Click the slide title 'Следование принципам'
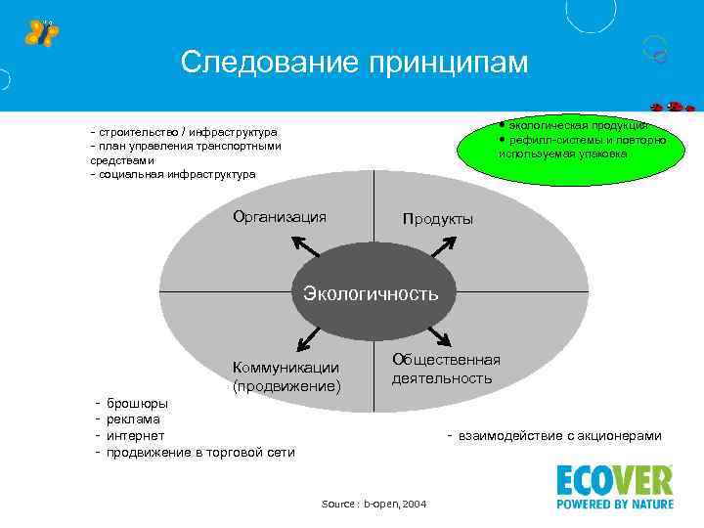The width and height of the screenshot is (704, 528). click(x=354, y=63)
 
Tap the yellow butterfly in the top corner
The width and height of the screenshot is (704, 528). click(x=41, y=32)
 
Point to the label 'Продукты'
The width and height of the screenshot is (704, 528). click(x=438, y=219)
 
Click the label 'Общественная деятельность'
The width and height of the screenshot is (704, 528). click(x=446, y=369)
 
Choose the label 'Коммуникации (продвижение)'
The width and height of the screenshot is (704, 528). click(x=286, y=376)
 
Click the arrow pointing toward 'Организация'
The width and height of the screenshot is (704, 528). click(x=311, y=248)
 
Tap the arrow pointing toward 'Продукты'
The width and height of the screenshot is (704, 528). click(x=442, y=248)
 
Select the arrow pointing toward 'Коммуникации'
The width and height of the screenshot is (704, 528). click(x=310, y=336)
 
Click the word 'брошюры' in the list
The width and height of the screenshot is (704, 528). click(x=136, y=403)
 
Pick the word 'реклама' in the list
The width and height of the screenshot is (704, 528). click(x=133, y=418)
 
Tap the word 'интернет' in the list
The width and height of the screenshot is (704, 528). click(x=135, y=435)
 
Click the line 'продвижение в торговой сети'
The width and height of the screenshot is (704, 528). click(x=199, y=452)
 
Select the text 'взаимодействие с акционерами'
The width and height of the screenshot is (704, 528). click(x=559, y=436)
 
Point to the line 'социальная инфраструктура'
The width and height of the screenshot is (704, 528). click(x=176, y=174)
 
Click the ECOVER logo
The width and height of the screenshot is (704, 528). click(x=614, y=486)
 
